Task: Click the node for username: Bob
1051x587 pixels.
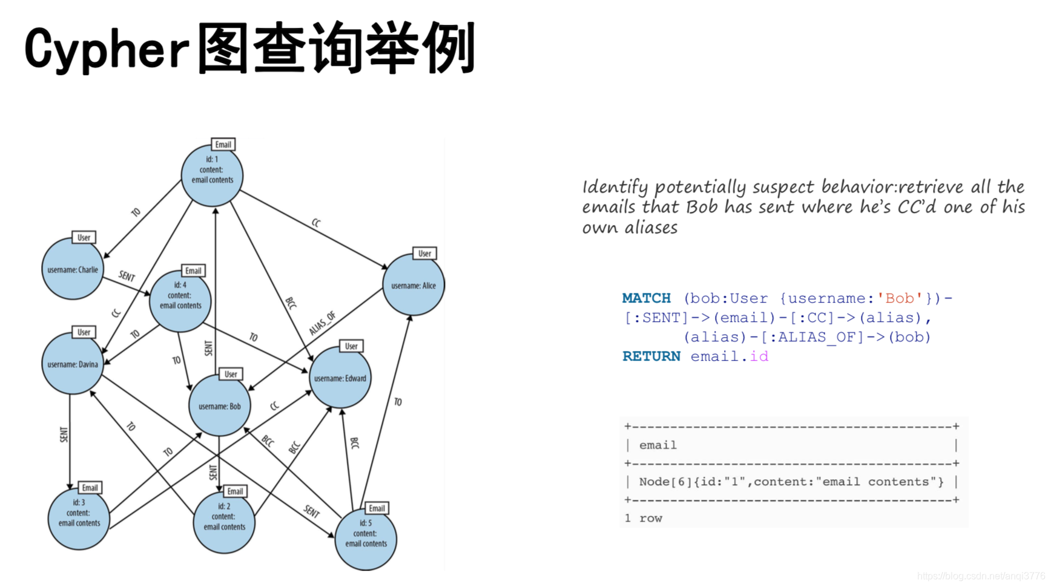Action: pyautogui.click(x=219, y=406)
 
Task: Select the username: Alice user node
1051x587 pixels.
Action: pyautogui.click(x=413, y=286)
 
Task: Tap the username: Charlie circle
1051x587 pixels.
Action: pyautogui.click(x=73, y=270)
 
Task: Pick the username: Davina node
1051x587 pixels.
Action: pyautogui.click(x=73, y=364)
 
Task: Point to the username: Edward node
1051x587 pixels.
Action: pyautogui.click(x=340, y=378)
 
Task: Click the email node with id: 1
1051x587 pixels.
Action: pyautogui.click(x=212, y=175)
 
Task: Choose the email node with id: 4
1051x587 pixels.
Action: pyautogui.click(x=180, y=301)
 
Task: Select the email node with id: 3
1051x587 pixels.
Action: pyautogui.click(x=79, y=519)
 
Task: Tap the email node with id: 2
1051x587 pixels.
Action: pyautogui.click(x=224, y=522)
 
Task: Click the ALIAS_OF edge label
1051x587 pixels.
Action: pyautogui.click(x=322, y=324)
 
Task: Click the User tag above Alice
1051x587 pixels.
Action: pyautogui.click(x=424, y=254)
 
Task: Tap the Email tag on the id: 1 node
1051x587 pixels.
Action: pyautogui.click(x=223, y=145)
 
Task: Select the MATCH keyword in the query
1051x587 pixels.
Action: pyautogui.click(x=646, y=298)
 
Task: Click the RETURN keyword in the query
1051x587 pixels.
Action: pyautogui.click(x=651, y=356)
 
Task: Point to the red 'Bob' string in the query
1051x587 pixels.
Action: pyautogui.click(x=899, y=298)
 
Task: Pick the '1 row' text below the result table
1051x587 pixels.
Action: pyautogui.click(x=643, y=519)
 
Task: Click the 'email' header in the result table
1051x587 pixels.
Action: pyautogui.click(x=657, y=445)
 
